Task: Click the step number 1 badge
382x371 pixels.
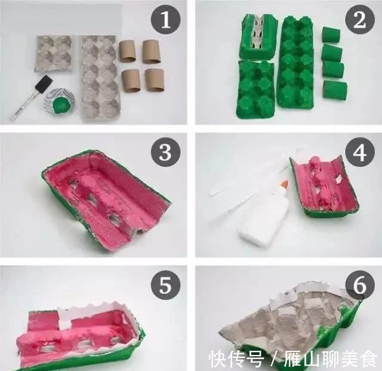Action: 166,19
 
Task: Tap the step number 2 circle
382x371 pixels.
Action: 359,19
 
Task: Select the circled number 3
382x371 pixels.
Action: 166,152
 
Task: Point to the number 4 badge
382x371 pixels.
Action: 359,152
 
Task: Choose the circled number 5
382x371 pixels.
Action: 166,285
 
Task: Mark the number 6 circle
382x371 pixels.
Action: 359,285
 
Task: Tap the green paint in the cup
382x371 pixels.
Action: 59,105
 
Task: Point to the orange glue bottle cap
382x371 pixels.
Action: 285,184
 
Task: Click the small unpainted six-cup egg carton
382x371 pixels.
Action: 54,54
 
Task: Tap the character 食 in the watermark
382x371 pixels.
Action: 368,358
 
